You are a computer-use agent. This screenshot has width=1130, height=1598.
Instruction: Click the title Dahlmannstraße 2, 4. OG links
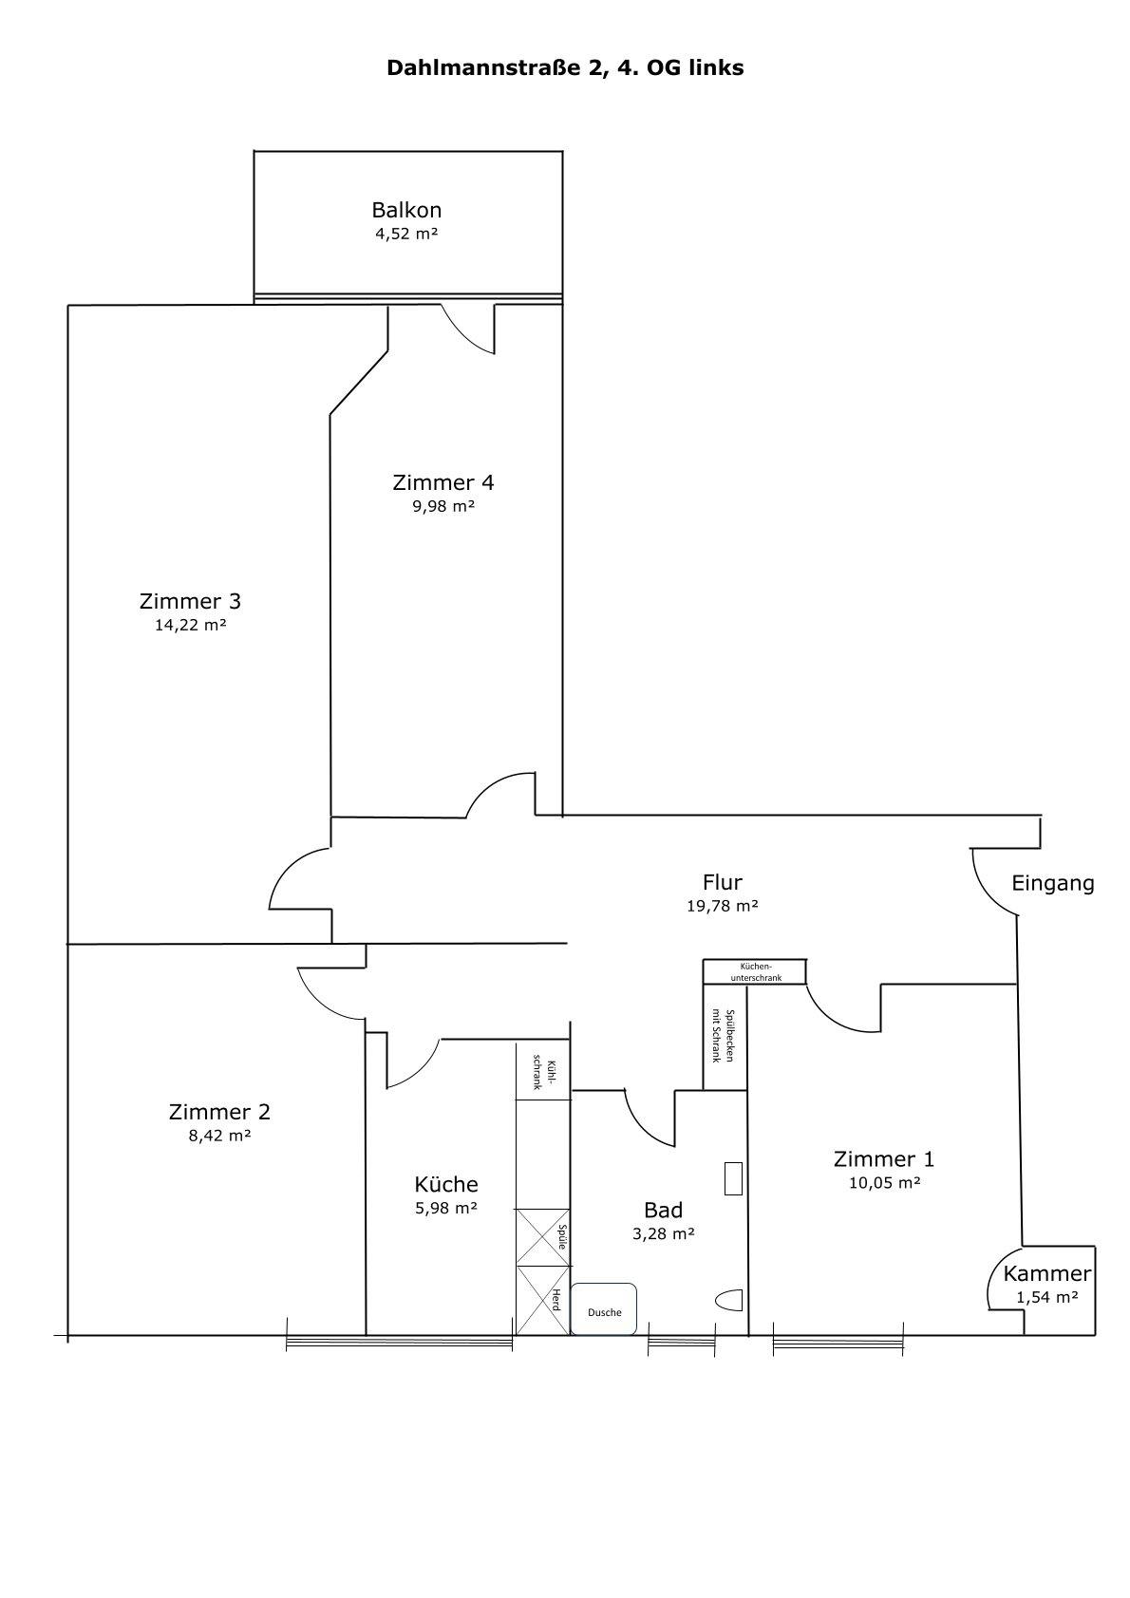tap(565, 67)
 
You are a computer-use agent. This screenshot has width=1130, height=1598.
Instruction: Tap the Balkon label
tap(406, 210)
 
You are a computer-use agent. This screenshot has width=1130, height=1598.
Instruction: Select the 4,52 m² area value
tap(406, 234)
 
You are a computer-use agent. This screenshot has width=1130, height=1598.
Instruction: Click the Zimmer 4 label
tap(443, 482)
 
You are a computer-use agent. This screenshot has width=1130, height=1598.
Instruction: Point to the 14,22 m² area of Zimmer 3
tap(191, 625)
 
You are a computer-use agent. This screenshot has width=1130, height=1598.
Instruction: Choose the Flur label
tap(723, 882)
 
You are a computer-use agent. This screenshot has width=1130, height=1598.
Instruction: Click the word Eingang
tap(1053, 884)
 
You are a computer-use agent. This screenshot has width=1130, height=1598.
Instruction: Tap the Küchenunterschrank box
tap(755, 971)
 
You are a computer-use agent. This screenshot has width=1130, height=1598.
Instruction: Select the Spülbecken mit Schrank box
tap(725, 1037)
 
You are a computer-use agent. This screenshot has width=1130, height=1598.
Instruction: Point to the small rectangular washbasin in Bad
tap(733, 1178)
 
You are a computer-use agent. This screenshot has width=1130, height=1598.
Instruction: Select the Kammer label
tap(1047, 1273)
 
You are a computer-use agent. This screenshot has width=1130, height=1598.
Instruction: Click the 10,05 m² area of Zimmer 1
tap(885, 1183)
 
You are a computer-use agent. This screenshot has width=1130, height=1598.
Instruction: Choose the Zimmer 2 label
tap(219, 1112)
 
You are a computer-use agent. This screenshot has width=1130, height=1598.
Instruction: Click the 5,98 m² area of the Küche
tap(446, 1209)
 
